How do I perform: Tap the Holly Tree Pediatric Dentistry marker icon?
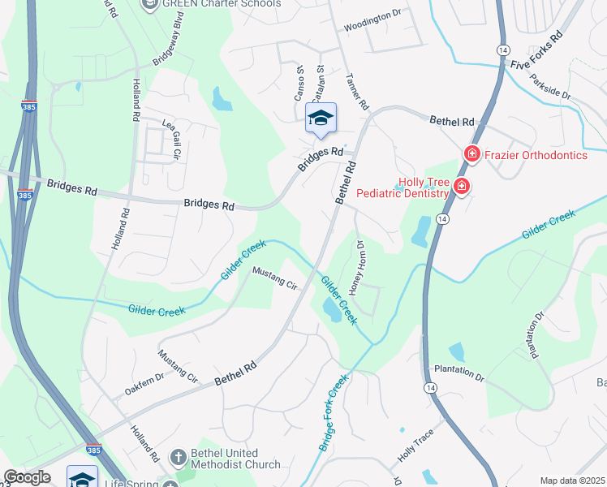[x=462, y=187]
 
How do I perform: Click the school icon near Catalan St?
[x=321, y=119]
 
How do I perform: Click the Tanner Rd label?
[x=357, y=89]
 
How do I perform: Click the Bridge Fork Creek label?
[x=334, y=412]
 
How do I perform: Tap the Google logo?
[x=26, y=477]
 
